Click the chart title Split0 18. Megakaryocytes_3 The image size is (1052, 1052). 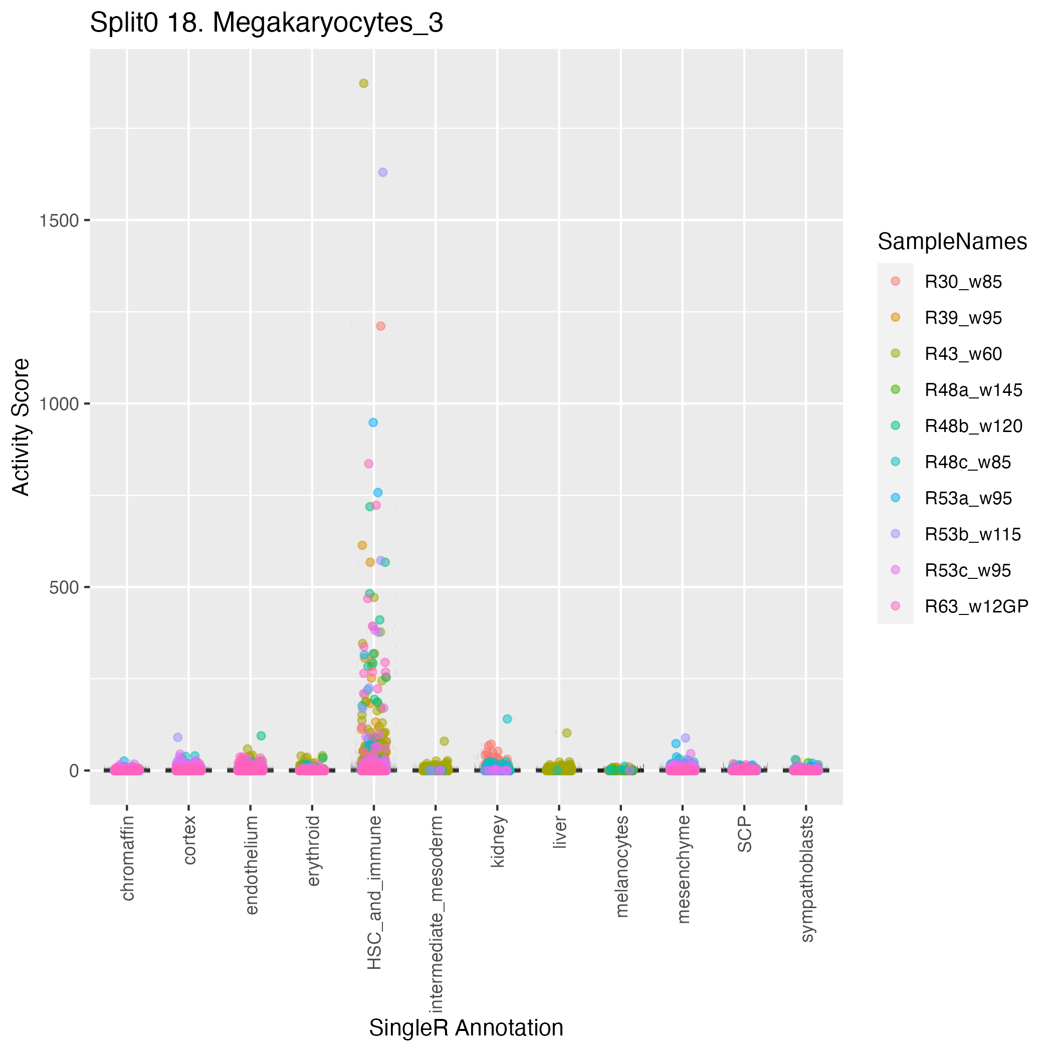pyautogui.click(x=266, y=24)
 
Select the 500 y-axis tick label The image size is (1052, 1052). pyautogui.click(x=62, y=587)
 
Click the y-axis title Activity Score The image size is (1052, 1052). pyautogui.click(x=21, y=427)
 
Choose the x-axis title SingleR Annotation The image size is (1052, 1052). pyautogui.click(x=466, y=1028)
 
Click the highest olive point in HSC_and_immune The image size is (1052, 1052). pyautogui.click(x=364, y=83)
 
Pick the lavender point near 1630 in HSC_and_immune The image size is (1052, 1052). pyautogui.click(x=383, y=172)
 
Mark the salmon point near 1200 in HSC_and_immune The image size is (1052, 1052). pyautogui.click(x=380, y=326)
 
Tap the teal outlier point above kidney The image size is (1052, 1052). pyautogui.click(x=508, y=719)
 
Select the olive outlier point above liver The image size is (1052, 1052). pyautogui.click(x=567, y=733)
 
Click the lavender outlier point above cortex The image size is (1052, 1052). pyautogui.click(x=177, y=737)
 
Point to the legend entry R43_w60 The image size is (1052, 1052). pyautogui.click(x=963, y=354)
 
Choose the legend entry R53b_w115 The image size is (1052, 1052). pyautogui.click(x=972, y=535)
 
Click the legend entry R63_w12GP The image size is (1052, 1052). pyautogui.click(x=976, y=606)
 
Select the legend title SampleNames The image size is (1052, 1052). pyautogui.click(x=952, y=242)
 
